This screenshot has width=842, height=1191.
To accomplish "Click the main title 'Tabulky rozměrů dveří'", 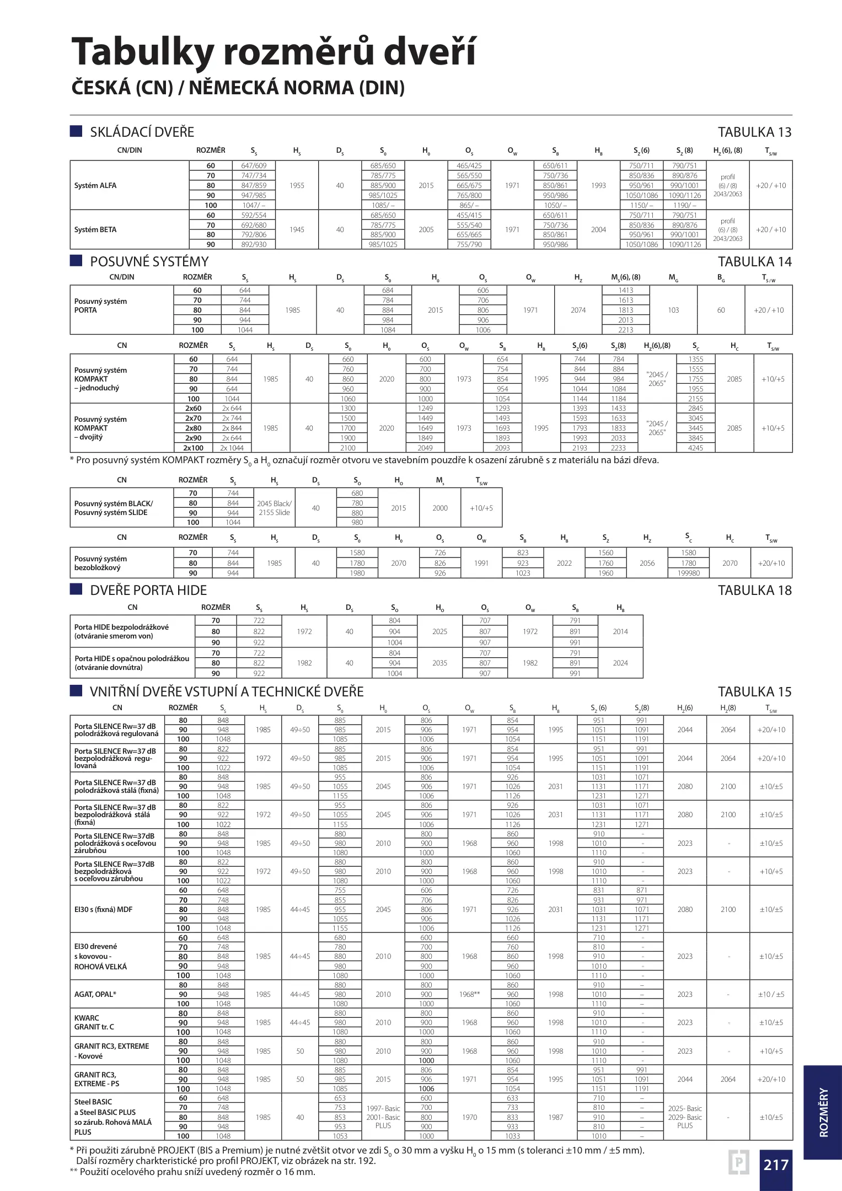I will point(273,51).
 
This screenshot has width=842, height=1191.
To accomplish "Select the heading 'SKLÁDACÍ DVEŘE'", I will point(142,132).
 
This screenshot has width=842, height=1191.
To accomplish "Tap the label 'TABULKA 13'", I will point(754,132).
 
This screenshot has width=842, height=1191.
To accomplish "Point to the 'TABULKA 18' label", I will point(754,590).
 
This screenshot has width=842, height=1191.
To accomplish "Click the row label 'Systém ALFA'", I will point(95,185).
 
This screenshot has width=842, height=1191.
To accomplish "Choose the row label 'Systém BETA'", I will point(95,229).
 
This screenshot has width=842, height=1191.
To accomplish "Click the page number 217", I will point(776,1165).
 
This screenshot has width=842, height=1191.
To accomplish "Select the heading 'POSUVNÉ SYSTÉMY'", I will point(149,261).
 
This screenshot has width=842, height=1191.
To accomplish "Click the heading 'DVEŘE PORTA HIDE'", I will point(148,590).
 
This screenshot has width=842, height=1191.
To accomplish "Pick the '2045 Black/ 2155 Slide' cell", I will point(274,508).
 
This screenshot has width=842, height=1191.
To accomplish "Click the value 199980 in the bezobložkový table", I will point(688,573).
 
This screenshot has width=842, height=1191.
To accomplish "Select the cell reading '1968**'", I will point(469,994).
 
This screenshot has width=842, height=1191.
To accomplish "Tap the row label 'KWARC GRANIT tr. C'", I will point(94,1022).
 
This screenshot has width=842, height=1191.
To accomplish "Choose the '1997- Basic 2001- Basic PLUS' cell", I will point(383,1117).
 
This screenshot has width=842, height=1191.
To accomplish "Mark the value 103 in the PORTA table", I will point(673,310).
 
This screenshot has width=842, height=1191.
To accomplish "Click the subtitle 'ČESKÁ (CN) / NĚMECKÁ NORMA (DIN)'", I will point(238,88).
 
